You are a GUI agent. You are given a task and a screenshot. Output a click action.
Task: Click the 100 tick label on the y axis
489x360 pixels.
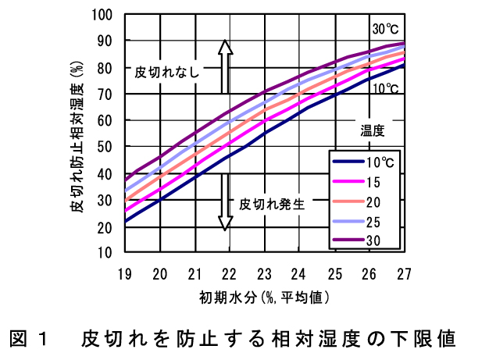[x=104, y=15]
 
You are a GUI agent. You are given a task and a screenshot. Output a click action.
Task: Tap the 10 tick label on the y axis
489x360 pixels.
[x=107, y=252]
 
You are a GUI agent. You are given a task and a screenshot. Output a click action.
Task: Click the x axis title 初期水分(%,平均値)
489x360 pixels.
[x=262, y=297]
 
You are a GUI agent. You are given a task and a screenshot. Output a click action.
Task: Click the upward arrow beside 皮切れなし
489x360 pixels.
[x=225, y=59]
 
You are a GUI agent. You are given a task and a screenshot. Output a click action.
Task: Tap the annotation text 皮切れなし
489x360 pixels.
[x=167, y=73]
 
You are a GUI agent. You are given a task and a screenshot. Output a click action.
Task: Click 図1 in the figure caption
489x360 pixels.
[x=29, y=340]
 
